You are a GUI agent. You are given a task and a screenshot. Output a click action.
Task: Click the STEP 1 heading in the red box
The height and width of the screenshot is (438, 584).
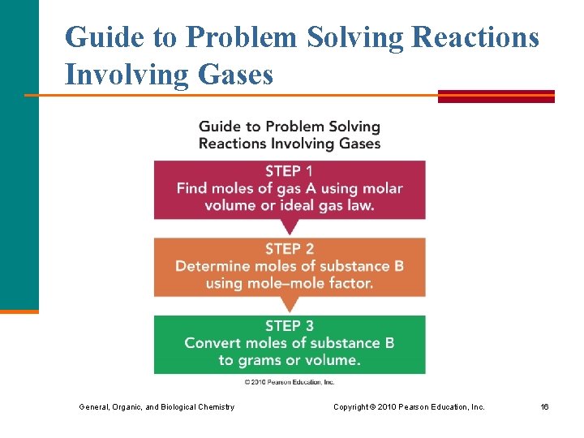pyautogui.click(x=289, y=171)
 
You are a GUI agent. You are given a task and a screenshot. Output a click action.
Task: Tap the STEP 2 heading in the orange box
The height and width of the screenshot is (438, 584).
pyautogui.click(x=289, y=249)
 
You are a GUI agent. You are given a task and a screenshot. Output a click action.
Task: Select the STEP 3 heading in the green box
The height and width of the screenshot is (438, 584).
pyautogui.click(x=289, y=325)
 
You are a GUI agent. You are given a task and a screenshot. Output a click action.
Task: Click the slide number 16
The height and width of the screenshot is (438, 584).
pyautogui.click(x=545, y=406)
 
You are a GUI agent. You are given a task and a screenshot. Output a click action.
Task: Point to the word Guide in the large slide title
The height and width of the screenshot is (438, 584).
pyautogui.click(x=101, y=37)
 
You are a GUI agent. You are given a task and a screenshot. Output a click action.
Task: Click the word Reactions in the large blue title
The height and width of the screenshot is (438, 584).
pyautogui.click(x=475, y=37)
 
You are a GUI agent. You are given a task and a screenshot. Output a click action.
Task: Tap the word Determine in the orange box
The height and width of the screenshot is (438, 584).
pyautogui.click(x=213, y=266)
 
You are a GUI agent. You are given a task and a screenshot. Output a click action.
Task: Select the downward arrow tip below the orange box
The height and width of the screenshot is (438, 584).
pyautogui.click(x=289, y=309)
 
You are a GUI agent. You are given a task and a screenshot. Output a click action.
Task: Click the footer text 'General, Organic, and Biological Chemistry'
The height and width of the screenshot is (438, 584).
pyautogui.click(x=156, y=406)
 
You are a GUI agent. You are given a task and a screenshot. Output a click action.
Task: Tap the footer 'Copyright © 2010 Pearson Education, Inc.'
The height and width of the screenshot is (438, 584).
pyautogui.click(x=409, y=406)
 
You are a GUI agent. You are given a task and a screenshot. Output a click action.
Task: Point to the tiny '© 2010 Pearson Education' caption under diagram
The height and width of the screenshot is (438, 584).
pyautogui.click(x=289, y=381)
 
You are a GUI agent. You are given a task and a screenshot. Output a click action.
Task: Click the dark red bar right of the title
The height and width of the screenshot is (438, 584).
pyautogui.click(x=496, y=95)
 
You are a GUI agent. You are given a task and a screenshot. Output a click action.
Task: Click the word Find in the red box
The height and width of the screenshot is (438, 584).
pyautogui.click(x=192, y=188)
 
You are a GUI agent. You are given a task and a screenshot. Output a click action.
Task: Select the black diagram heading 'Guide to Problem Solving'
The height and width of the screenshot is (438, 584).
pyautogui.click(x=289, y=127)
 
